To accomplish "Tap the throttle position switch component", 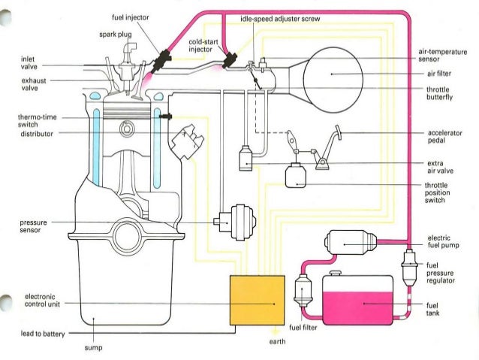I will pos(297,174).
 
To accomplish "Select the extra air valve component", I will pos(246,158).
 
